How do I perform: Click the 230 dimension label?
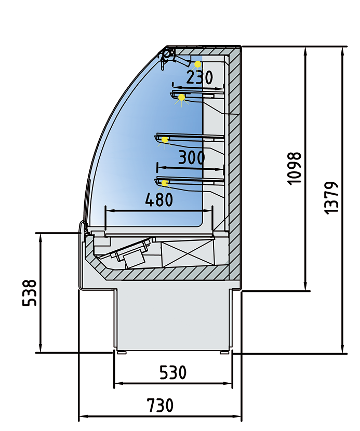click(x=199, y=78)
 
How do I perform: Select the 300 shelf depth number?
click(x=191, y=157)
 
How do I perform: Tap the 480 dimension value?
click(x=159, y=200)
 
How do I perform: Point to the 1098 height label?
click(x=294, y=168)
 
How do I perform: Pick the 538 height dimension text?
click(x=30, y=293)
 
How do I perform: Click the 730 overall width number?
click(x=160, y=405)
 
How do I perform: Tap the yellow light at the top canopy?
click(x=198, y=64)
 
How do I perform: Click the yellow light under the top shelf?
click(x=181, y=98)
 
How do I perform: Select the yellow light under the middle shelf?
click(x=165, y=140)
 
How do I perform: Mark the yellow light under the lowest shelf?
click(x=165, y=183)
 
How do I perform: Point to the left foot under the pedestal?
click(x=122, y=353)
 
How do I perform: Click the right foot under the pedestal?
click(x=224, y=353)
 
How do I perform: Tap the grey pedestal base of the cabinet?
click(x=172, y=319)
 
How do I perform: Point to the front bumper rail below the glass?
click(x=82, y=228)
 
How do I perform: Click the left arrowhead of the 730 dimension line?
click(x=82, y=417)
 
